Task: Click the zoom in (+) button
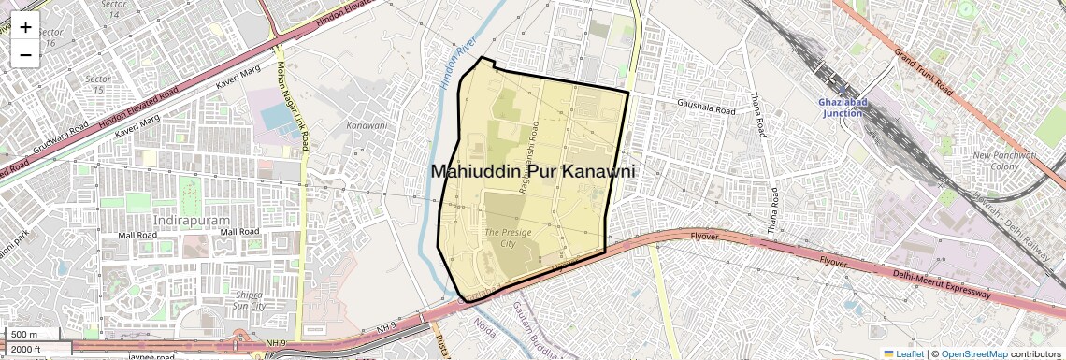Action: pos(25,27)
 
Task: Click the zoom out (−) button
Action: pos(25,54)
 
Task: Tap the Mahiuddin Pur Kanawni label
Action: pos(533,172)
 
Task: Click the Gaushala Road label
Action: pos(708,108)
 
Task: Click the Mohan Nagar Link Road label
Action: pos(291,105)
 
